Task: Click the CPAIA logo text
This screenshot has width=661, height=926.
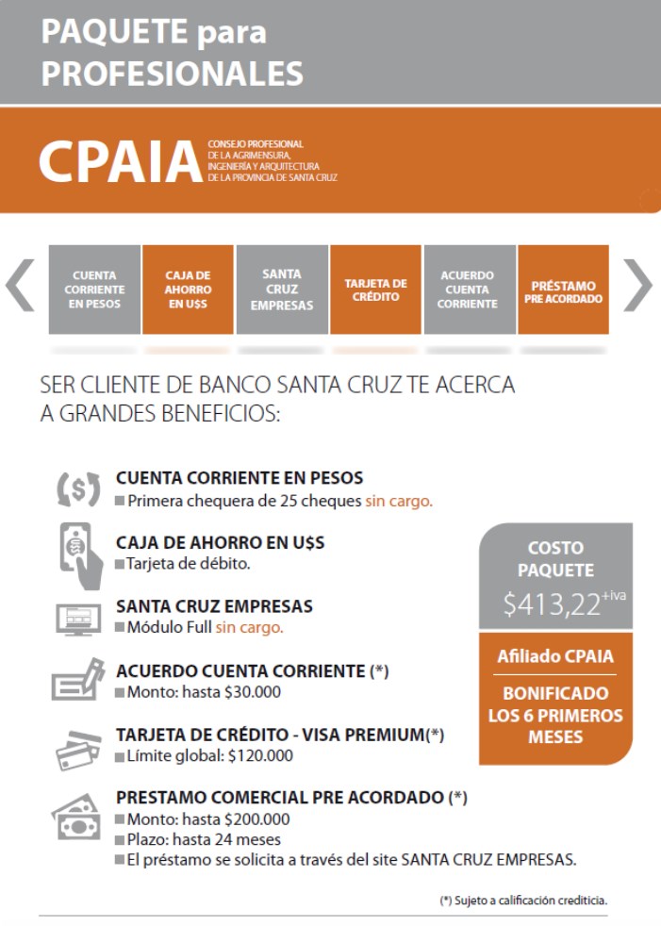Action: [120, 161]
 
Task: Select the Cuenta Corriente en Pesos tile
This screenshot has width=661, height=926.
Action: [94, 289]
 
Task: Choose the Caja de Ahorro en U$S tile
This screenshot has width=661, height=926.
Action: [188, 289]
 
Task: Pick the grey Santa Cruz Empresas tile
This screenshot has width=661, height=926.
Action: [282, 289]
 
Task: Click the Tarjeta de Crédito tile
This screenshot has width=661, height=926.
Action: [375, 289]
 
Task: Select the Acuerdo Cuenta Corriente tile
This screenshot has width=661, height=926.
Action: [469, 289]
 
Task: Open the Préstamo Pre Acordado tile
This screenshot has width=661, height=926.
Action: [563, 289]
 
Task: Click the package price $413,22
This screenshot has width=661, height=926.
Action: [552, 604]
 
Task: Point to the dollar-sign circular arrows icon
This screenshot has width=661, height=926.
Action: [77, 488]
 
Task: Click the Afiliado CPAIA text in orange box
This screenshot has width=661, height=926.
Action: [555, 656]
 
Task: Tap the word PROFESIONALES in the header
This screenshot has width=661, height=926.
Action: [172, 73]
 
